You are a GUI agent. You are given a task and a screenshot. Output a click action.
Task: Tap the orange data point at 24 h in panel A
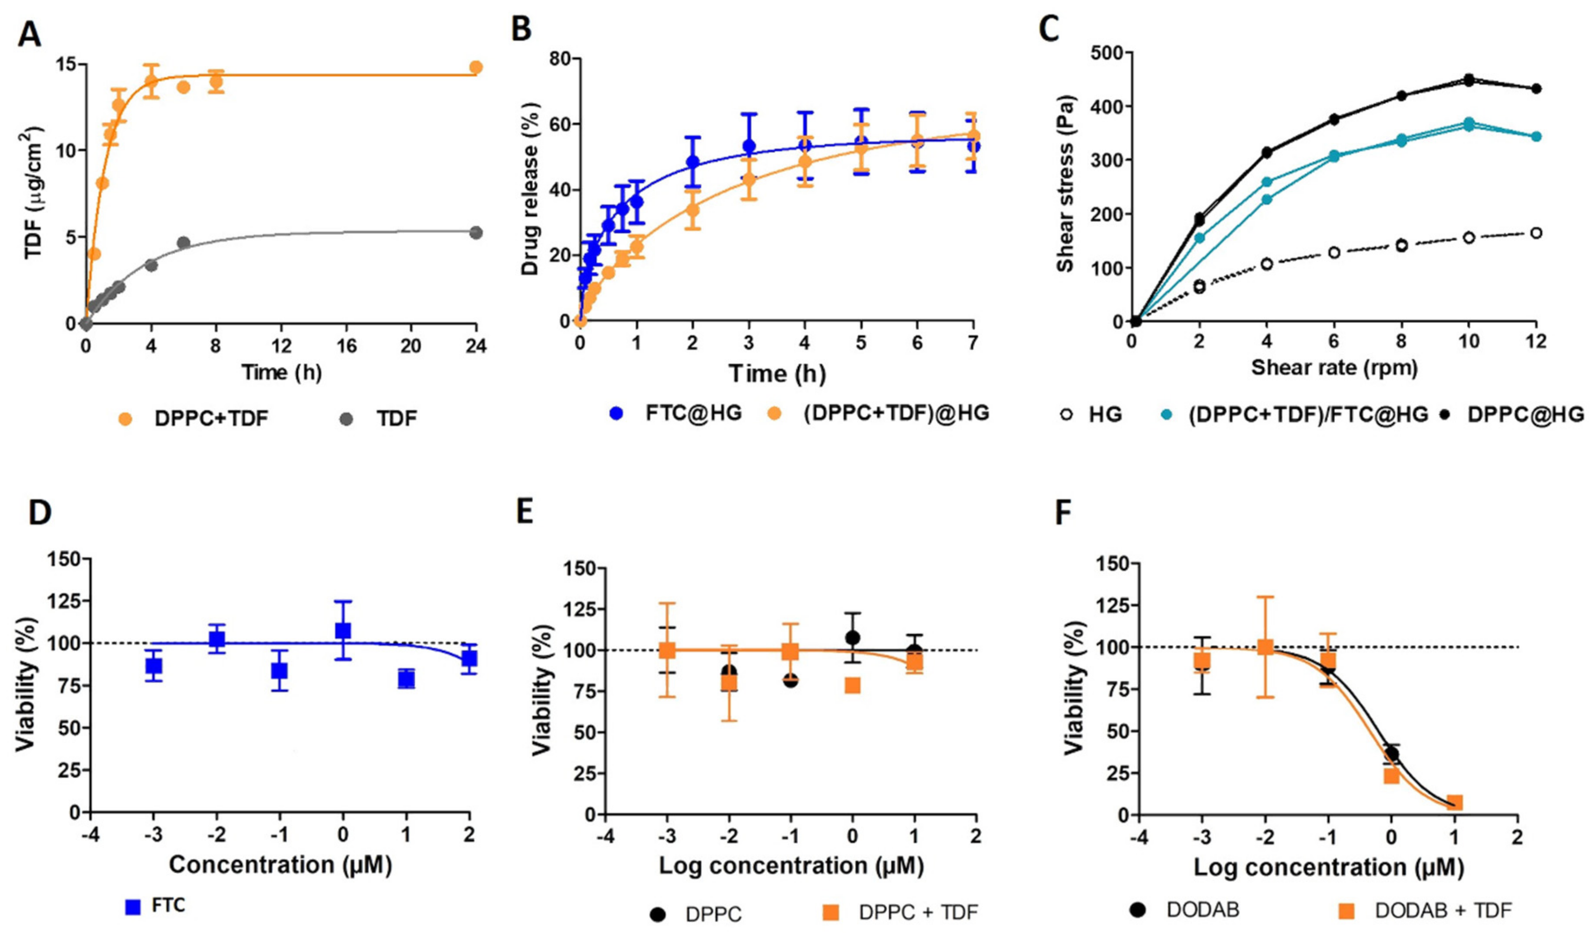coord(476,67)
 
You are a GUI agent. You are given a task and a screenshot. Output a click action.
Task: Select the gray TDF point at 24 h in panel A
coord(476,232)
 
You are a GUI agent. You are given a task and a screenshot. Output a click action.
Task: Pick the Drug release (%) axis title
coord(530,189)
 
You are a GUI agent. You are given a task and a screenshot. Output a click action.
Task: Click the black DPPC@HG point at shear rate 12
coord(1535,89)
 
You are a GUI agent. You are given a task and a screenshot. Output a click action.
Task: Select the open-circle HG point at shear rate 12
coord(1535,233)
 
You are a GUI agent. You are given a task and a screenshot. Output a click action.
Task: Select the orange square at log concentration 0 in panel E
coord(853,685)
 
